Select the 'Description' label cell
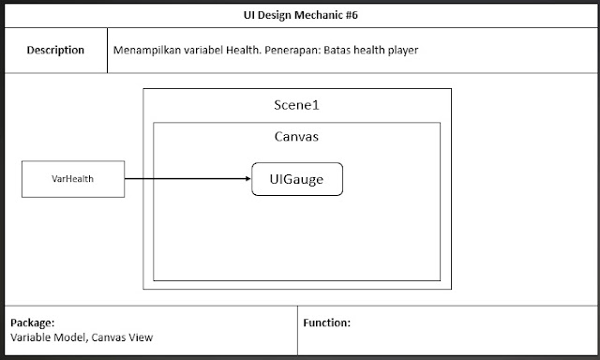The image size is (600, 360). (55, 51)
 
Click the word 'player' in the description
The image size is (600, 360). (400, 51)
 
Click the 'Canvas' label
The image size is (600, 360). (296, 137)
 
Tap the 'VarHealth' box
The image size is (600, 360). (72, 178)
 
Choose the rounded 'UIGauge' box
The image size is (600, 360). (297, 178)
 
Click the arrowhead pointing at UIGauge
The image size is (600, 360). (246, 178)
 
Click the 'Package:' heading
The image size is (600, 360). (32, 322)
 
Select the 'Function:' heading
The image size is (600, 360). (327, 322)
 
